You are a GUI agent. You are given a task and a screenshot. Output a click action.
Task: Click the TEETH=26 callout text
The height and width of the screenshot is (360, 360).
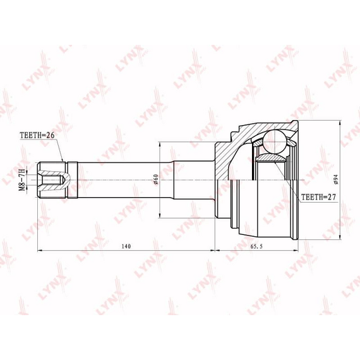click(37, 135)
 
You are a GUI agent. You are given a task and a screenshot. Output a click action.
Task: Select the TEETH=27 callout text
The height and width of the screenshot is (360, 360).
click(318, 197)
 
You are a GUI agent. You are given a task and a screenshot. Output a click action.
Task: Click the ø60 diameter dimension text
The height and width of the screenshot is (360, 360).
click(155, 179)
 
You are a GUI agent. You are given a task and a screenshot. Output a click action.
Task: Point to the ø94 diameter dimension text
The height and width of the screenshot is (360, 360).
click(336, 179)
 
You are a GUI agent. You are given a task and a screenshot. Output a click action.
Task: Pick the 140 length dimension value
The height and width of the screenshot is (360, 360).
click(126, 246)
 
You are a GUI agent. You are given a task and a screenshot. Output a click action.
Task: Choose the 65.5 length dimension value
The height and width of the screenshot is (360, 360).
click(256, 246)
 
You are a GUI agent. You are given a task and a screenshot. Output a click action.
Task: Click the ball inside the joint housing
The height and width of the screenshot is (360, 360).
click(275, 141)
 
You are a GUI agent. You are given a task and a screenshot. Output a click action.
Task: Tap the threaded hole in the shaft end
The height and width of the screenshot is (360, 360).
click(52, 180)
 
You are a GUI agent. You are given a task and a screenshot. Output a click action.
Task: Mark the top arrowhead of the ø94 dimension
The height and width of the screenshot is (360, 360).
click(340, 123)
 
